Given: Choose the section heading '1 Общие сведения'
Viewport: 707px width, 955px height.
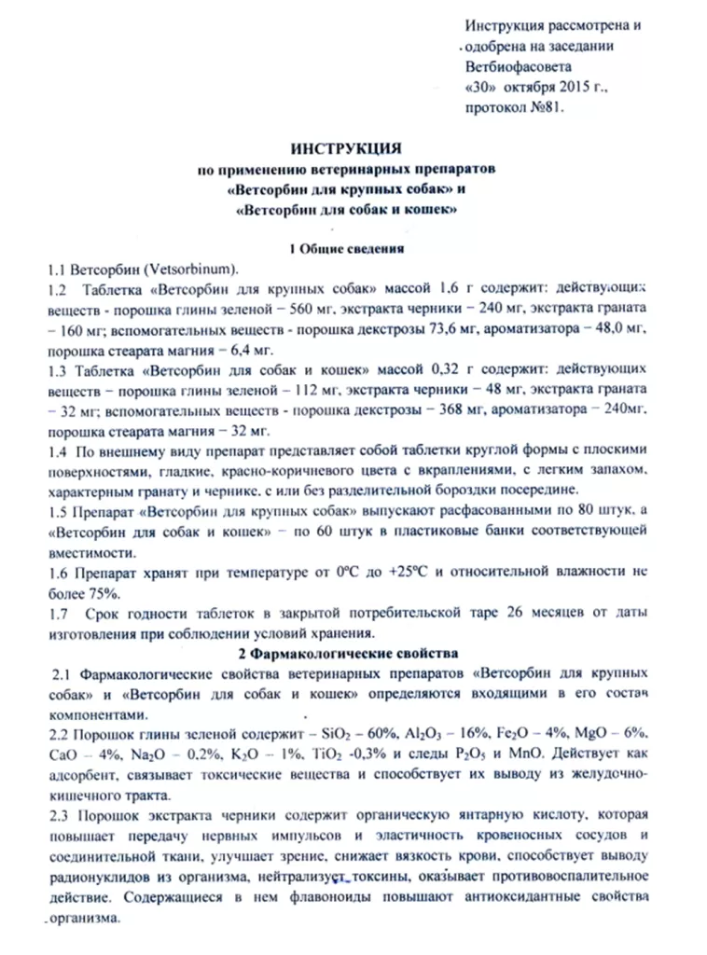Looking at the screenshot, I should (345, 248).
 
